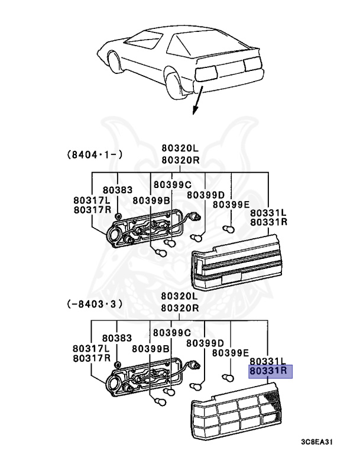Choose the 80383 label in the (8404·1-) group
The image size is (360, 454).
point(117,190)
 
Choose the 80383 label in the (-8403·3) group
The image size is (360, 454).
point(117,338)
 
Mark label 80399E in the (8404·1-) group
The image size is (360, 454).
point(231,205)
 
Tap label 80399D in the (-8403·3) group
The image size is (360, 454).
point(205,343)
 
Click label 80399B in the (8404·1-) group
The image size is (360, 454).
point(151,200)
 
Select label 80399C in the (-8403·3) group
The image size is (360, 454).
point(172,333)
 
